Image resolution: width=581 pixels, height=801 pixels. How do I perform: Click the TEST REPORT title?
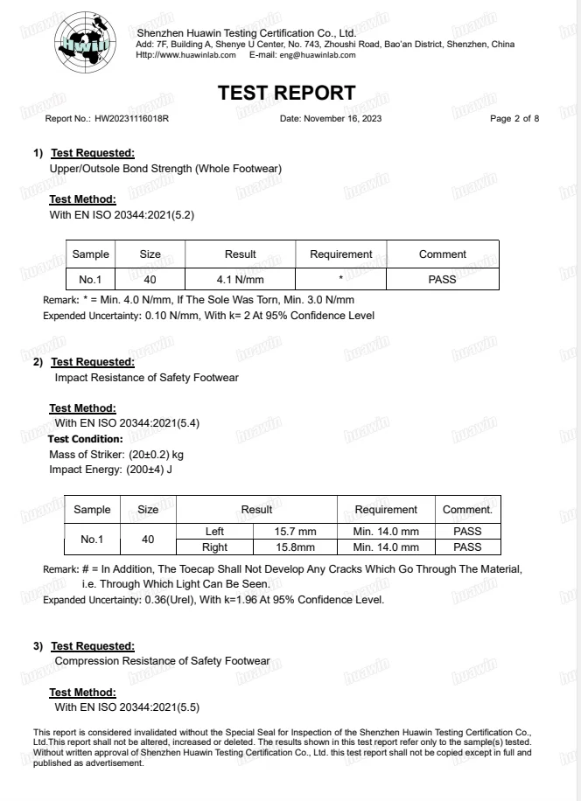[x=287, y=93]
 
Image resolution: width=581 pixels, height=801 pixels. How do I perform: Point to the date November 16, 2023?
[x=342, y=119]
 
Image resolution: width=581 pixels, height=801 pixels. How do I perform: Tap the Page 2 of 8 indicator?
[x=514, y=119]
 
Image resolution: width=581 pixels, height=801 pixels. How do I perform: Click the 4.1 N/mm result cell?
[x=240, y=280]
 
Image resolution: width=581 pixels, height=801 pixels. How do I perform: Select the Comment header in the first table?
[x=442, y=254]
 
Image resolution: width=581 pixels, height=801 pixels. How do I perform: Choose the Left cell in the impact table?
[x=214, y=532]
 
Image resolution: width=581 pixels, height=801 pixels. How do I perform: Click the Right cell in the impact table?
[x=214, y=547]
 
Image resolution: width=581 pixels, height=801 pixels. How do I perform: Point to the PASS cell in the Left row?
[x=467, y=532]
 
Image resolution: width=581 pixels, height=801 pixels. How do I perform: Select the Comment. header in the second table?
[x=467, y=510]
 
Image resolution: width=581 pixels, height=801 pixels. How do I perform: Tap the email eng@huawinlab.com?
[x=317, y=55]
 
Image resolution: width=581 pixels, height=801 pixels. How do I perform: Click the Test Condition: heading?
[x=86, y=439]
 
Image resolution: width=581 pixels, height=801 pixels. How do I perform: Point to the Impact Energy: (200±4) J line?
[x=111, y=470]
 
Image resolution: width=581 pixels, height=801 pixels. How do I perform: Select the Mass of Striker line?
[x=116, y=455]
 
